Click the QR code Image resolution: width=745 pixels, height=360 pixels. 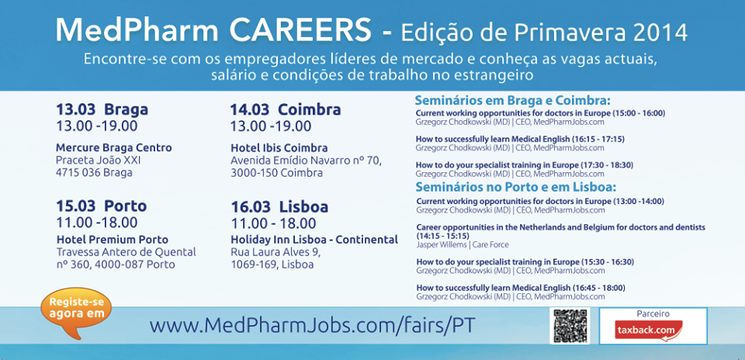click(x=570, y=325)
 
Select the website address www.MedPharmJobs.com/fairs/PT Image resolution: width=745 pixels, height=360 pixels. click(x=312, y=325)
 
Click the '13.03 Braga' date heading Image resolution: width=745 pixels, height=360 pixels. click(x=102, y=109)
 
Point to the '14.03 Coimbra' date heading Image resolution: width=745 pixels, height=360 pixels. click(x=286, y=109)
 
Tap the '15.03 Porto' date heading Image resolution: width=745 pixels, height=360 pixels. click(x=102, y=206)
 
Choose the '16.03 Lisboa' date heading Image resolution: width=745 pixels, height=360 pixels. click(x=279, y=207)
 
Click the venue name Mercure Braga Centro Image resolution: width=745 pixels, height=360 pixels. click(x=114, y=147)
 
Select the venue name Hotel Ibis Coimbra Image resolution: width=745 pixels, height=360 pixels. click(x=279, y=147)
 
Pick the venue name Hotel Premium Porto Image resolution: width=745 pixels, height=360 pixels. click(x=112, y=240)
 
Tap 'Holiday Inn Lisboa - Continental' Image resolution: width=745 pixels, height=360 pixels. click(x=314, y=240)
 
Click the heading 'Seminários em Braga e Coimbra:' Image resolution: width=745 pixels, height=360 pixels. click(x=513, y=101)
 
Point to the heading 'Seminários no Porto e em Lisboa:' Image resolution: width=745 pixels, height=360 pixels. click(x=515, y=187)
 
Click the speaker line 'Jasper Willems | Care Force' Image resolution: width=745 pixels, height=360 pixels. click(x=463, y=245)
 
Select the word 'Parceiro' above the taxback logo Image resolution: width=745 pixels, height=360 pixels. click(x=653, y=314)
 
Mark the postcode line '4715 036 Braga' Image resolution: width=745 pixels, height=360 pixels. click(x=94, y=172)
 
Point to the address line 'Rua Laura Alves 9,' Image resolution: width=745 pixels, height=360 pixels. click(x=276, y=251)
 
